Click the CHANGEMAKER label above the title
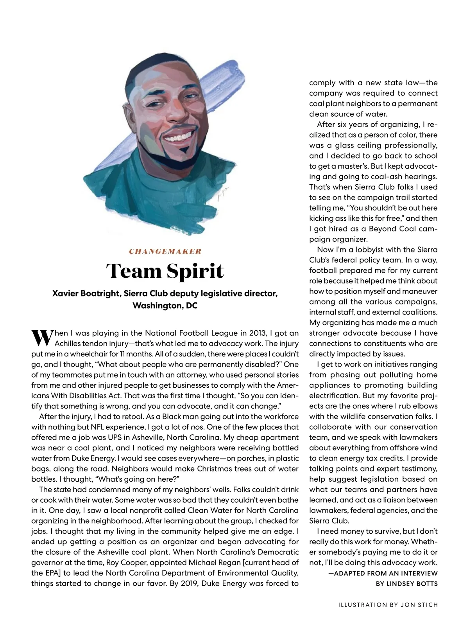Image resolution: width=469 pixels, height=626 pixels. tap(165, 251)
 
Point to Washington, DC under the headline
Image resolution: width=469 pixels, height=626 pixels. tap(165, 306)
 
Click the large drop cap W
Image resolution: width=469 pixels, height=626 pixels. tap(41, 338)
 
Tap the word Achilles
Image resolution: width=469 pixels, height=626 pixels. tap(69, 344)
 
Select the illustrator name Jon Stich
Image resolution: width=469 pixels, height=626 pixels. tap(419, 605)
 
